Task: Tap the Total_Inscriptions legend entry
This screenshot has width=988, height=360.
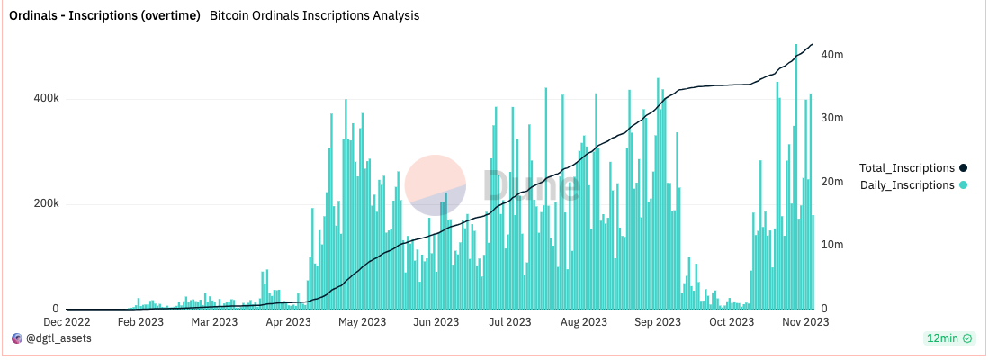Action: coord(906,167)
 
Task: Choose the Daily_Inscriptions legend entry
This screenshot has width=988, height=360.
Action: coord(906,184)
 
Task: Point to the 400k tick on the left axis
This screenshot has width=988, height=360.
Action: coord(40,98)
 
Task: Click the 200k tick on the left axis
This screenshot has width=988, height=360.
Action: coord(40,203)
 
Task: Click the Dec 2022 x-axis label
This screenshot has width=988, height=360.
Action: coord(66,321)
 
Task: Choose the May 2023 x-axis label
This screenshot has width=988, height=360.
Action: coord(360,321)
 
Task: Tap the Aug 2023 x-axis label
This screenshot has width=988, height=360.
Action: coord(583,321)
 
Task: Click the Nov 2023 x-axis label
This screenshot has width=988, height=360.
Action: coord(804,321)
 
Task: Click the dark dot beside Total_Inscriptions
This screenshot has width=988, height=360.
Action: coord(963,167)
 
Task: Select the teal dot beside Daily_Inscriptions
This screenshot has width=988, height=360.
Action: coord(963,184)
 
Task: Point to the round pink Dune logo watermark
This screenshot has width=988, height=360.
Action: coord(435,184)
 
